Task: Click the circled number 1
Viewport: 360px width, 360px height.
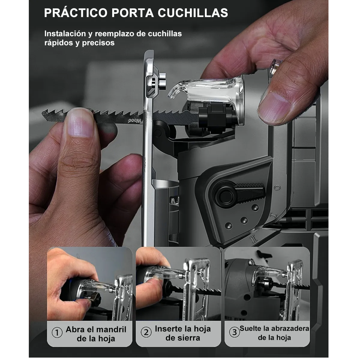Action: (57, 333)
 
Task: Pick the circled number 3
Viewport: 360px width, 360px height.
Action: (235, 332)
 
